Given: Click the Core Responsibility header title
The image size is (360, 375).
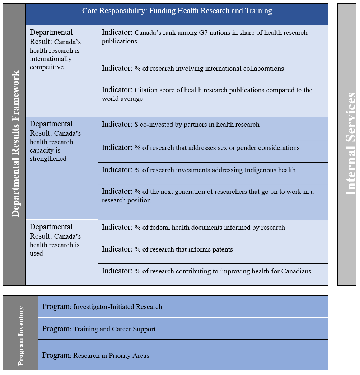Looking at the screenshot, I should [x=177, y=11].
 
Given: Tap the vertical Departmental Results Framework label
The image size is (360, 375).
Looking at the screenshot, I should [x=15, y=144].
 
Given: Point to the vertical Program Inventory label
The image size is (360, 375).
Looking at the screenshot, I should [x=21, y=336].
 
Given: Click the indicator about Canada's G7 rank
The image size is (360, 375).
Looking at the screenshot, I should [x=205, y=37].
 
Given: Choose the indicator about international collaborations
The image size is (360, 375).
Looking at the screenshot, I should [x=193, y=68].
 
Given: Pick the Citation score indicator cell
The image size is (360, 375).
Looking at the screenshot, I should [x=207, y=94].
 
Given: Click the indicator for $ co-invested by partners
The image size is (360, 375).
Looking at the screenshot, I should [x=181, y=125].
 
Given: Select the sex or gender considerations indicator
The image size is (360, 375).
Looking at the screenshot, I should [x=201, y=147].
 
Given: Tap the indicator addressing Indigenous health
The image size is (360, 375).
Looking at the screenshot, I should [x=199, y=170].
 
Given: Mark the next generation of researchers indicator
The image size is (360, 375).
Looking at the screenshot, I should [x=208, y=196].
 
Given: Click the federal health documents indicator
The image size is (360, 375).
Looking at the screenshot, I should [x=193, y=227].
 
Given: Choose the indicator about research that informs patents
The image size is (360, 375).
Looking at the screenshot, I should [x=168, y=249].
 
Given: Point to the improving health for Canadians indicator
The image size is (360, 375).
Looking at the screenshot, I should [x=206, y=271].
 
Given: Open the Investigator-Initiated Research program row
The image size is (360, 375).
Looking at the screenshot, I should [x=102, y=306].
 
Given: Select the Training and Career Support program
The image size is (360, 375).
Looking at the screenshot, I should [x=99, y=329].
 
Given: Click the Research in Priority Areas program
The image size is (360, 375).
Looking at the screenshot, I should [x=96, y=355].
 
